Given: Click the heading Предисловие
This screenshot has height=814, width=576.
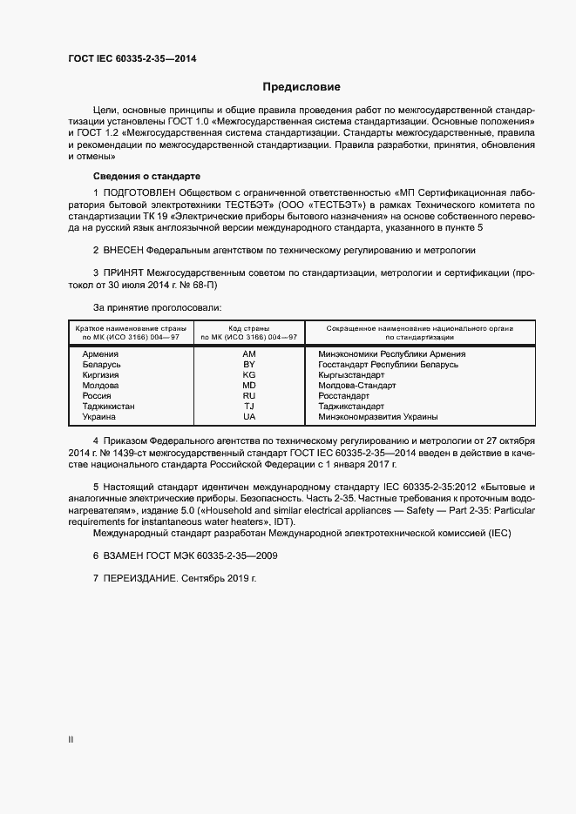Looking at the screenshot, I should click(302, 87).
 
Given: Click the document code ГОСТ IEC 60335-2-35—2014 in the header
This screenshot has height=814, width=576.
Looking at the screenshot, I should click(132, 58).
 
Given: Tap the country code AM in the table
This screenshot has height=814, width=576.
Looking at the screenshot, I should click(249, 354).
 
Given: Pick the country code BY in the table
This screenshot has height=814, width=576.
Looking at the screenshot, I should click(249, 365).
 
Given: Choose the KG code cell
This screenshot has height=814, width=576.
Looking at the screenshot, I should click(249, 375).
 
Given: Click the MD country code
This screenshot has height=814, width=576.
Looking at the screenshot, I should click(249, 386).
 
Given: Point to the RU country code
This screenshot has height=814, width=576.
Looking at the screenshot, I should click(249, 396).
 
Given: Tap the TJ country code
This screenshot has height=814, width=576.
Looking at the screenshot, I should click(249, 407).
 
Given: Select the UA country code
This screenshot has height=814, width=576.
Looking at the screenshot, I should click(249, 417).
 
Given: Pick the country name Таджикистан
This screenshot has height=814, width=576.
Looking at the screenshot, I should click(109, 407).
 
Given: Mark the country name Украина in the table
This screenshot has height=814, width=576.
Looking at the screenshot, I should click(99, 417).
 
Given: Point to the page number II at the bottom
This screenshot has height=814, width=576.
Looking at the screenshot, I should click(71, 740).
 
